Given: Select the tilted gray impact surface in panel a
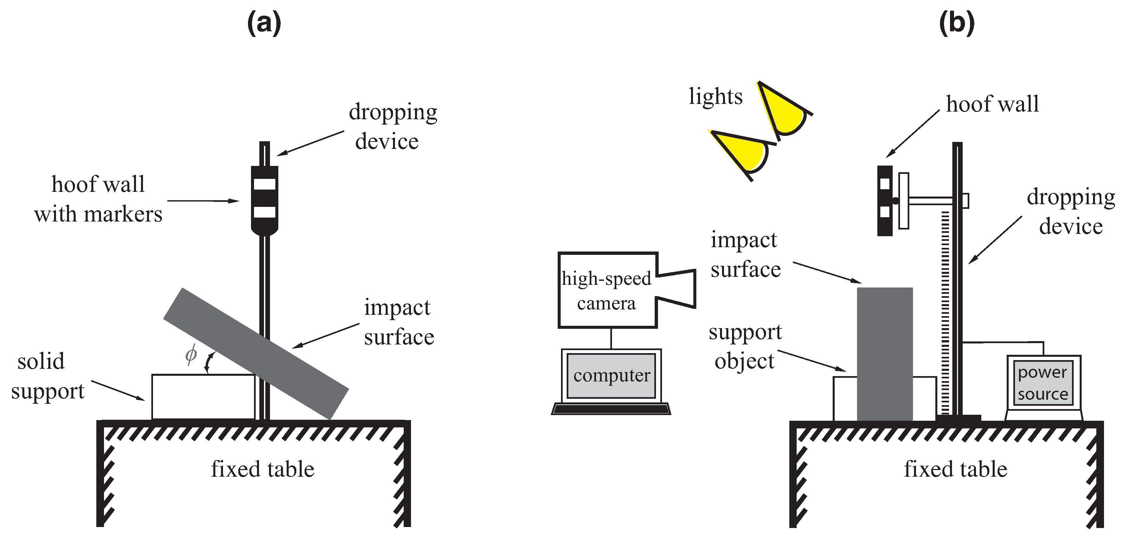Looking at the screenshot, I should pyautogui.click(x=256, y=353).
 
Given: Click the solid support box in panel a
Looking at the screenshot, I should pyautogui.click(x=203, y=397).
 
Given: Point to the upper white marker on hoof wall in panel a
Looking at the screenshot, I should pyautogui.click(x=264, y=184).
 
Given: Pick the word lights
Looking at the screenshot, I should pyautogui.click(x=716, y=97).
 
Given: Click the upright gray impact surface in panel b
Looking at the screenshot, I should pyautogui.click(x=884, y=354).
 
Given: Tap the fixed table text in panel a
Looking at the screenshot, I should pyautogui.click(x=262, y=469).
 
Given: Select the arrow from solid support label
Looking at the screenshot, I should pyautogui.click(x=118, y=390).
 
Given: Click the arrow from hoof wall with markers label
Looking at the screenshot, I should pyautogui.click(x=203, y=201).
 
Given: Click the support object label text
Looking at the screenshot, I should pyautogui.click(x=745, y=346).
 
